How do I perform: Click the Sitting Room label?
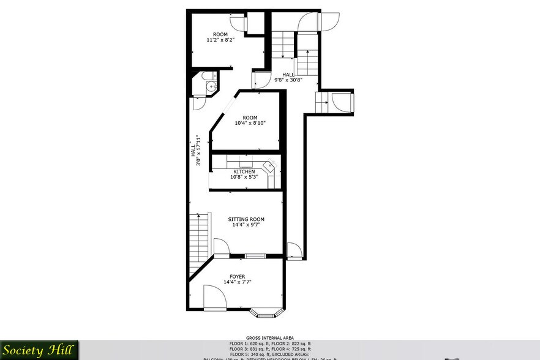(246, 219)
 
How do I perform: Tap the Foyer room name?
(237, 277)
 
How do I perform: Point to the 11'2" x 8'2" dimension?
(220, 40)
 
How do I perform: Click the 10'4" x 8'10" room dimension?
(250, 123)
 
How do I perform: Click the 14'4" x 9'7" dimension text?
(246, 225)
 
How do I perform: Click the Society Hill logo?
(39, 350)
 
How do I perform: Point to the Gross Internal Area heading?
(269, 338)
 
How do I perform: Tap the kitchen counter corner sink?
(269, 165)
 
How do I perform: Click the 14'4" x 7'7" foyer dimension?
(237, 282)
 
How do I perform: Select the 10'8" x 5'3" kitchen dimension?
(244, 177)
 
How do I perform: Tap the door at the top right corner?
(327, 21)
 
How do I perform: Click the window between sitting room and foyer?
(255, 255)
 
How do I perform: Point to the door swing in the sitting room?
(221, 247)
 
